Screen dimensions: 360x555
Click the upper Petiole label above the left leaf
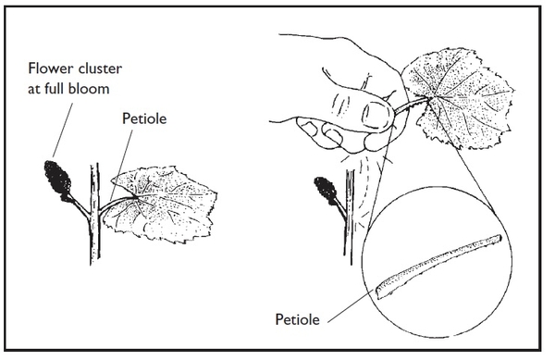tap(146, 119)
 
